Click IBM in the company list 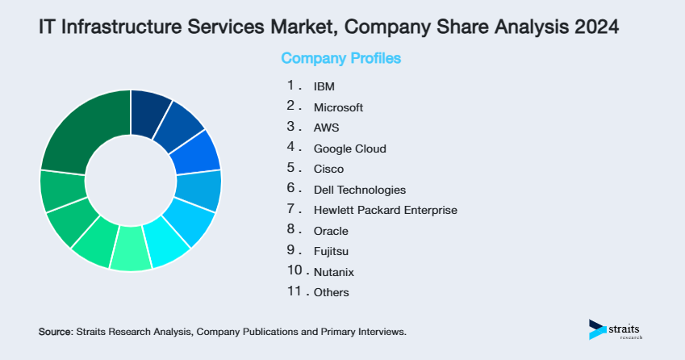(324, 86)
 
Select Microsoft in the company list (338, 107)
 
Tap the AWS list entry (327, 128)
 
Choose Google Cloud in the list (349, 149)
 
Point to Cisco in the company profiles (328, 169)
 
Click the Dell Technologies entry (359, 190)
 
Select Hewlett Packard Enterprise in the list (385, 210)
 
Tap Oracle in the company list (331, 231)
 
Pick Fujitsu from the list (332, 251)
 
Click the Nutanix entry (333, 272)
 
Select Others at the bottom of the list (332, 292)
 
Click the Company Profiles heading (340, 58)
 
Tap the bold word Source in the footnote (55, 332)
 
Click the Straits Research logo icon (597, 329)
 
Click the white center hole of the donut (131, 180)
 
